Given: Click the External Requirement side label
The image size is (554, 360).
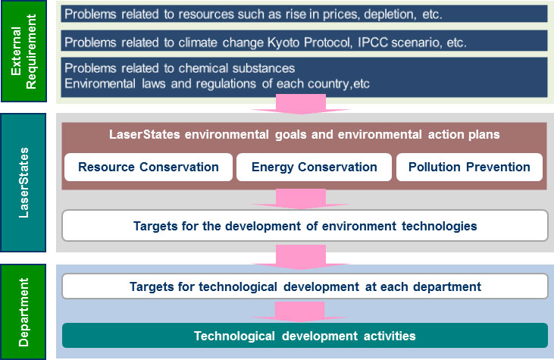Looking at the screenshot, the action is (23, 52).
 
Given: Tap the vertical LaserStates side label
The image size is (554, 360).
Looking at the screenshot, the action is (23, 183).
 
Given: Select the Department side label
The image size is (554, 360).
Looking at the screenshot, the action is (23, 312).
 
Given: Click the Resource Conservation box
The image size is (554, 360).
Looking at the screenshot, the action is (149, 167).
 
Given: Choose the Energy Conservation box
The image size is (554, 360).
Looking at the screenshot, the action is (314, 167).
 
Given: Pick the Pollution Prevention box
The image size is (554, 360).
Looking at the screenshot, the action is (469, 167).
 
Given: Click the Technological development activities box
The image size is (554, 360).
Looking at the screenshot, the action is (305, 336).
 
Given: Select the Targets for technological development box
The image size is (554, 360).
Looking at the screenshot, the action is (305, 286).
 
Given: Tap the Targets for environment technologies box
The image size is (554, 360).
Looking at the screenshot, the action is (305, 226).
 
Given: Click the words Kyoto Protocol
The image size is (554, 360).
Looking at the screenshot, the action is (309, 42).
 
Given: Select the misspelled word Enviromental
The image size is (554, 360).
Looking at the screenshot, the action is (100, 83).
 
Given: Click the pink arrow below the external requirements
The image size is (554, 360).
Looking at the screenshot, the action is (300, 104).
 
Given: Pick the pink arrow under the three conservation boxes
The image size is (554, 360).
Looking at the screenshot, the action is (300, 199).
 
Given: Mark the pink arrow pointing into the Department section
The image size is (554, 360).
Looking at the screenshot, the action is (300, 257).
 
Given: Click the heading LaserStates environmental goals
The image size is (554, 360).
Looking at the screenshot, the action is (305, 135).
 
